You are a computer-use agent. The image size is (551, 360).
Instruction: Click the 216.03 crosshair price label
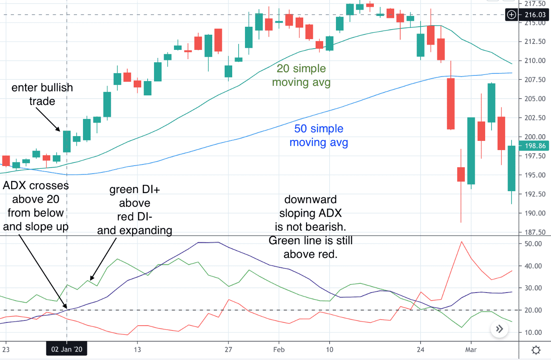(x=535, y=15)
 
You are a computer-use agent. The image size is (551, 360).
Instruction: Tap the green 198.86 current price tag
(x=535, y=146)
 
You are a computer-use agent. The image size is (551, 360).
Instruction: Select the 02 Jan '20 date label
(x=67, y=350)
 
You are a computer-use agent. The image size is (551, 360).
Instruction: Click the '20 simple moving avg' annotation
(x=301, y=75)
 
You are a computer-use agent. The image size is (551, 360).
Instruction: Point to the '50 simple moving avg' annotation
(x=318, y=135)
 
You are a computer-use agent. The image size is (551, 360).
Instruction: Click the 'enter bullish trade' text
(x=42, y=94)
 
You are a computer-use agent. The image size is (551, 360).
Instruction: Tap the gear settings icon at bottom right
(x=536, y=350)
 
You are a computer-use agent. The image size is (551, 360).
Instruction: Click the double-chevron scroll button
(x=499, y=329)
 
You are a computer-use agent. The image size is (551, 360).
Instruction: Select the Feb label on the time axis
(x=279, y=350)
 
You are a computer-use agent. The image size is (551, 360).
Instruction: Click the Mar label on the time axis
(x=471, y=350)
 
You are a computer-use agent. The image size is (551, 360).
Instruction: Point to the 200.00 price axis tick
(x=535, y=137)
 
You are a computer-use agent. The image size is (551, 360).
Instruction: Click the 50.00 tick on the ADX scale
(x=533, y=244)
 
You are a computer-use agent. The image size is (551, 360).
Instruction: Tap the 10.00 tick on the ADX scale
(x=533, y=332)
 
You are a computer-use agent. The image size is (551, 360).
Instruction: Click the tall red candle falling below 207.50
(x=450, y=104)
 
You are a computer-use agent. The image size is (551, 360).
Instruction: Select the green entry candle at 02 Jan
(x=67, y=141)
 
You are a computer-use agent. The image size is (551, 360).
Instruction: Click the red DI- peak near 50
(x=462, y=242)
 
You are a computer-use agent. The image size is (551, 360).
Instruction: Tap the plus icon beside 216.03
(x=512, y=15)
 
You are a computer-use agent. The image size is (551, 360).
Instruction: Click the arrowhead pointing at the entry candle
(x=59, y=130)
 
